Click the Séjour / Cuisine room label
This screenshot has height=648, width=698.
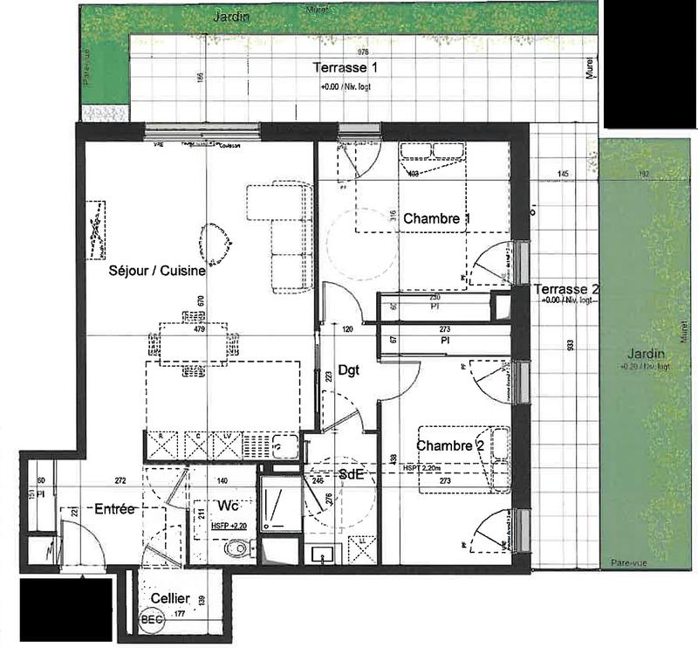[157, 272]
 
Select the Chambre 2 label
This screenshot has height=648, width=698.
[449, 446]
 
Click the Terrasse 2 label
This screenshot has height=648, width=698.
[567, 289]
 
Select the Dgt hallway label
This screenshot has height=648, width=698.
[349, 369]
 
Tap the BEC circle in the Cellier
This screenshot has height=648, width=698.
[150, 620]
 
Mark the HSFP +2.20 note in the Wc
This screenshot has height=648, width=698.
[229, 527]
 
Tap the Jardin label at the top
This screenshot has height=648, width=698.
[232, 16]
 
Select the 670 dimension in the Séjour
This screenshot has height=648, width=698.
[201, 300]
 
